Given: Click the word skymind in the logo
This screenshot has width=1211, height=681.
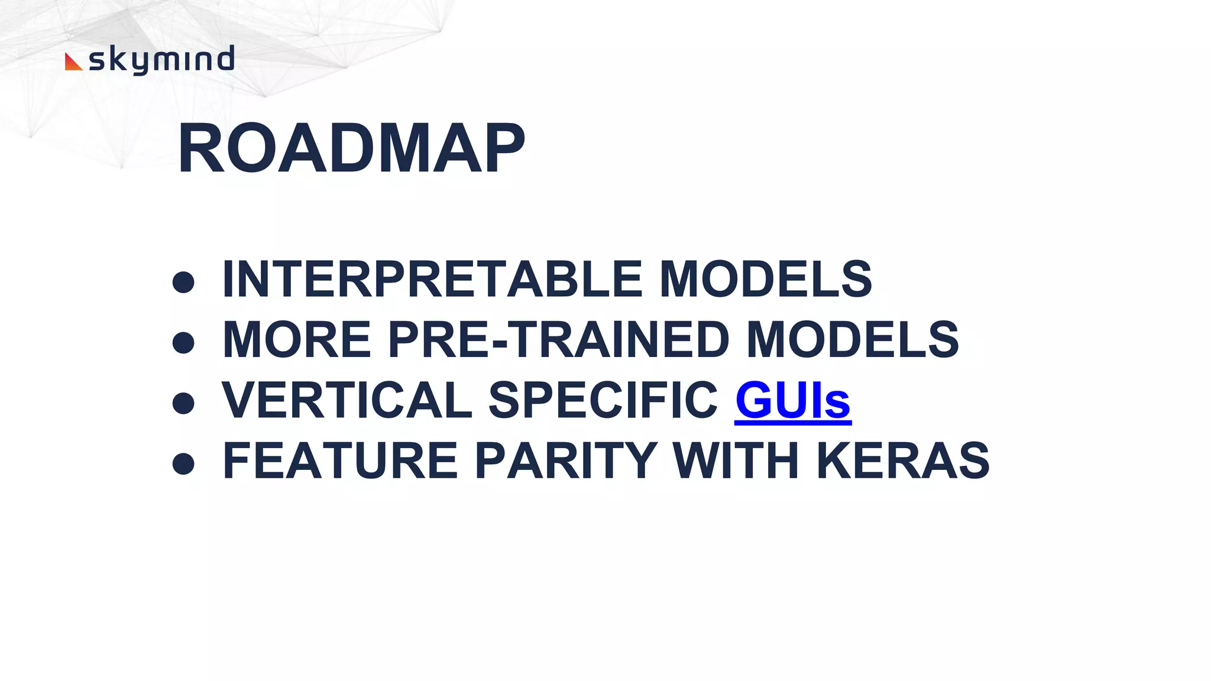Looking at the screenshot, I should (x=161, y=60).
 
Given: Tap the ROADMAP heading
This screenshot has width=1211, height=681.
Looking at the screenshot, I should (x=351, y=148).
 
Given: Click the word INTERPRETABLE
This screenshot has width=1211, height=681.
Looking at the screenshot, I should (x=432, y=279).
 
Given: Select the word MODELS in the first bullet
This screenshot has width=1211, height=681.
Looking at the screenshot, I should (x=765, y=279).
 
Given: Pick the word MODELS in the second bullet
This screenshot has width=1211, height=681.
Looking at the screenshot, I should (x=852, y=340).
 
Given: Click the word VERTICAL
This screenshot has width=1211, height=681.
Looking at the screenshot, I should (x=347, y=401).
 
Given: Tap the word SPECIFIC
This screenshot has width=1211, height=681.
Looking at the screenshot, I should (x=603, y=401).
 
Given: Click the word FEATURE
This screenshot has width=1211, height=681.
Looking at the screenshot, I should (x=340, y=461).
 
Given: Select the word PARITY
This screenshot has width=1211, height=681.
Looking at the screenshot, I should (x=566, y=461).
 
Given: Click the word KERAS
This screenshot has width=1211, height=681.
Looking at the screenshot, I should (x=903, y=461).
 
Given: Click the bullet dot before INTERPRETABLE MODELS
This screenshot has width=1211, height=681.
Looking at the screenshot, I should (x=183, y=282).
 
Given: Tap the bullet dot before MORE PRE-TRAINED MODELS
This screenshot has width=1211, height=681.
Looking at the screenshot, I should (x=183, y=343).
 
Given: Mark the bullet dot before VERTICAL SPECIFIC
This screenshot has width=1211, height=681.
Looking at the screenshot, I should (x=183, y=404).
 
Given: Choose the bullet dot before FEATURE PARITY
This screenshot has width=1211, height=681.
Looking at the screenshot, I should (x=183, y=464).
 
